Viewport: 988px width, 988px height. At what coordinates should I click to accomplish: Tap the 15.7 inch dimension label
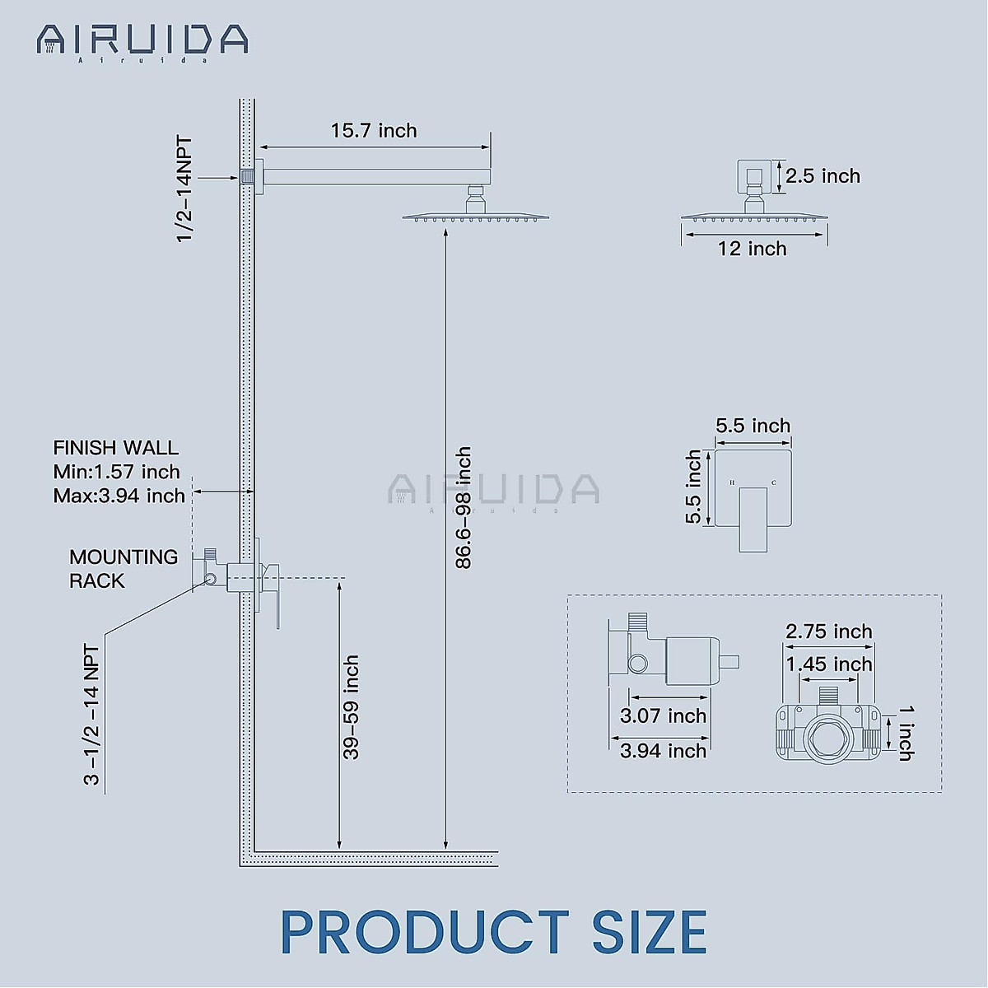point(374,131)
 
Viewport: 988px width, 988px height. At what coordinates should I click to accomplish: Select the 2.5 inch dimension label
point(823,176)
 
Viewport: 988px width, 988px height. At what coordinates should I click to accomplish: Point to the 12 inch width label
point(752,249)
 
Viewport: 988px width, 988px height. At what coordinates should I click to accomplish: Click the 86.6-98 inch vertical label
point(464,508)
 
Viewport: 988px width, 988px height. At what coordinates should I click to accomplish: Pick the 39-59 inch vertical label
point(352,707)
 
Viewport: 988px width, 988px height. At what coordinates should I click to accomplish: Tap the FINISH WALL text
point(115,448)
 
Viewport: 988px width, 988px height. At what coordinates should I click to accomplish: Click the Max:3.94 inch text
point(119,496)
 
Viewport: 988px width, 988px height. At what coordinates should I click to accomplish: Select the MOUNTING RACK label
point(123,569)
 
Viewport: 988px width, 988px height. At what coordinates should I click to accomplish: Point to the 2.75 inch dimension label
point(828,631)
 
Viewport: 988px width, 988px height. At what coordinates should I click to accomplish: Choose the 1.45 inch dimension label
point(828,664)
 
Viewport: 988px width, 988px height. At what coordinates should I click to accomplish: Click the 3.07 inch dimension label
point(663,716)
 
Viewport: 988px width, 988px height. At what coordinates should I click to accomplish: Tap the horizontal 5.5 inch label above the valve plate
point(753,426)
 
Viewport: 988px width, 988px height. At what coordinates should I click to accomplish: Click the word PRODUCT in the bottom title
point(424,933)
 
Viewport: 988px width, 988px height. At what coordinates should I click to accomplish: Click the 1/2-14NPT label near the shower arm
point(184,189)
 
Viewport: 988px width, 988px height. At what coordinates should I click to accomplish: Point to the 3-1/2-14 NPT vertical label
point(91,715)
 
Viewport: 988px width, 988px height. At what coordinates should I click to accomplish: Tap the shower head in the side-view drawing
point(475,216)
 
